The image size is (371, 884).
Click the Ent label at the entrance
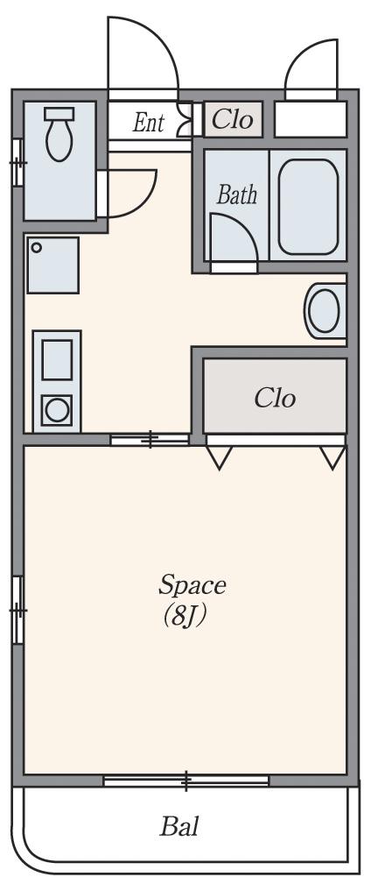149,123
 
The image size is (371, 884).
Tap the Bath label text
237,195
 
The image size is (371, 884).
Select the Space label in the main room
192,586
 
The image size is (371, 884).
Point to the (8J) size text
184,617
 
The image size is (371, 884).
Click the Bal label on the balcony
179,826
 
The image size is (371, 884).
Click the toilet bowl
59,140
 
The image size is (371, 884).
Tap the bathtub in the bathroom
308,207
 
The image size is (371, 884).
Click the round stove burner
57,410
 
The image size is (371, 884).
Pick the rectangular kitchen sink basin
57,360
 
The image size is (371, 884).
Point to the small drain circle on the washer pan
36,247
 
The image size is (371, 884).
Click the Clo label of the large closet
275,399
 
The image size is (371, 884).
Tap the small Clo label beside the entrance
233,119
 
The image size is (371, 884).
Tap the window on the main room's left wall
18,610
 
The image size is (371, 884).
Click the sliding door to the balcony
186,781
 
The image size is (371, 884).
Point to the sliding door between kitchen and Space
150,439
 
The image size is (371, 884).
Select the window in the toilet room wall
18,162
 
